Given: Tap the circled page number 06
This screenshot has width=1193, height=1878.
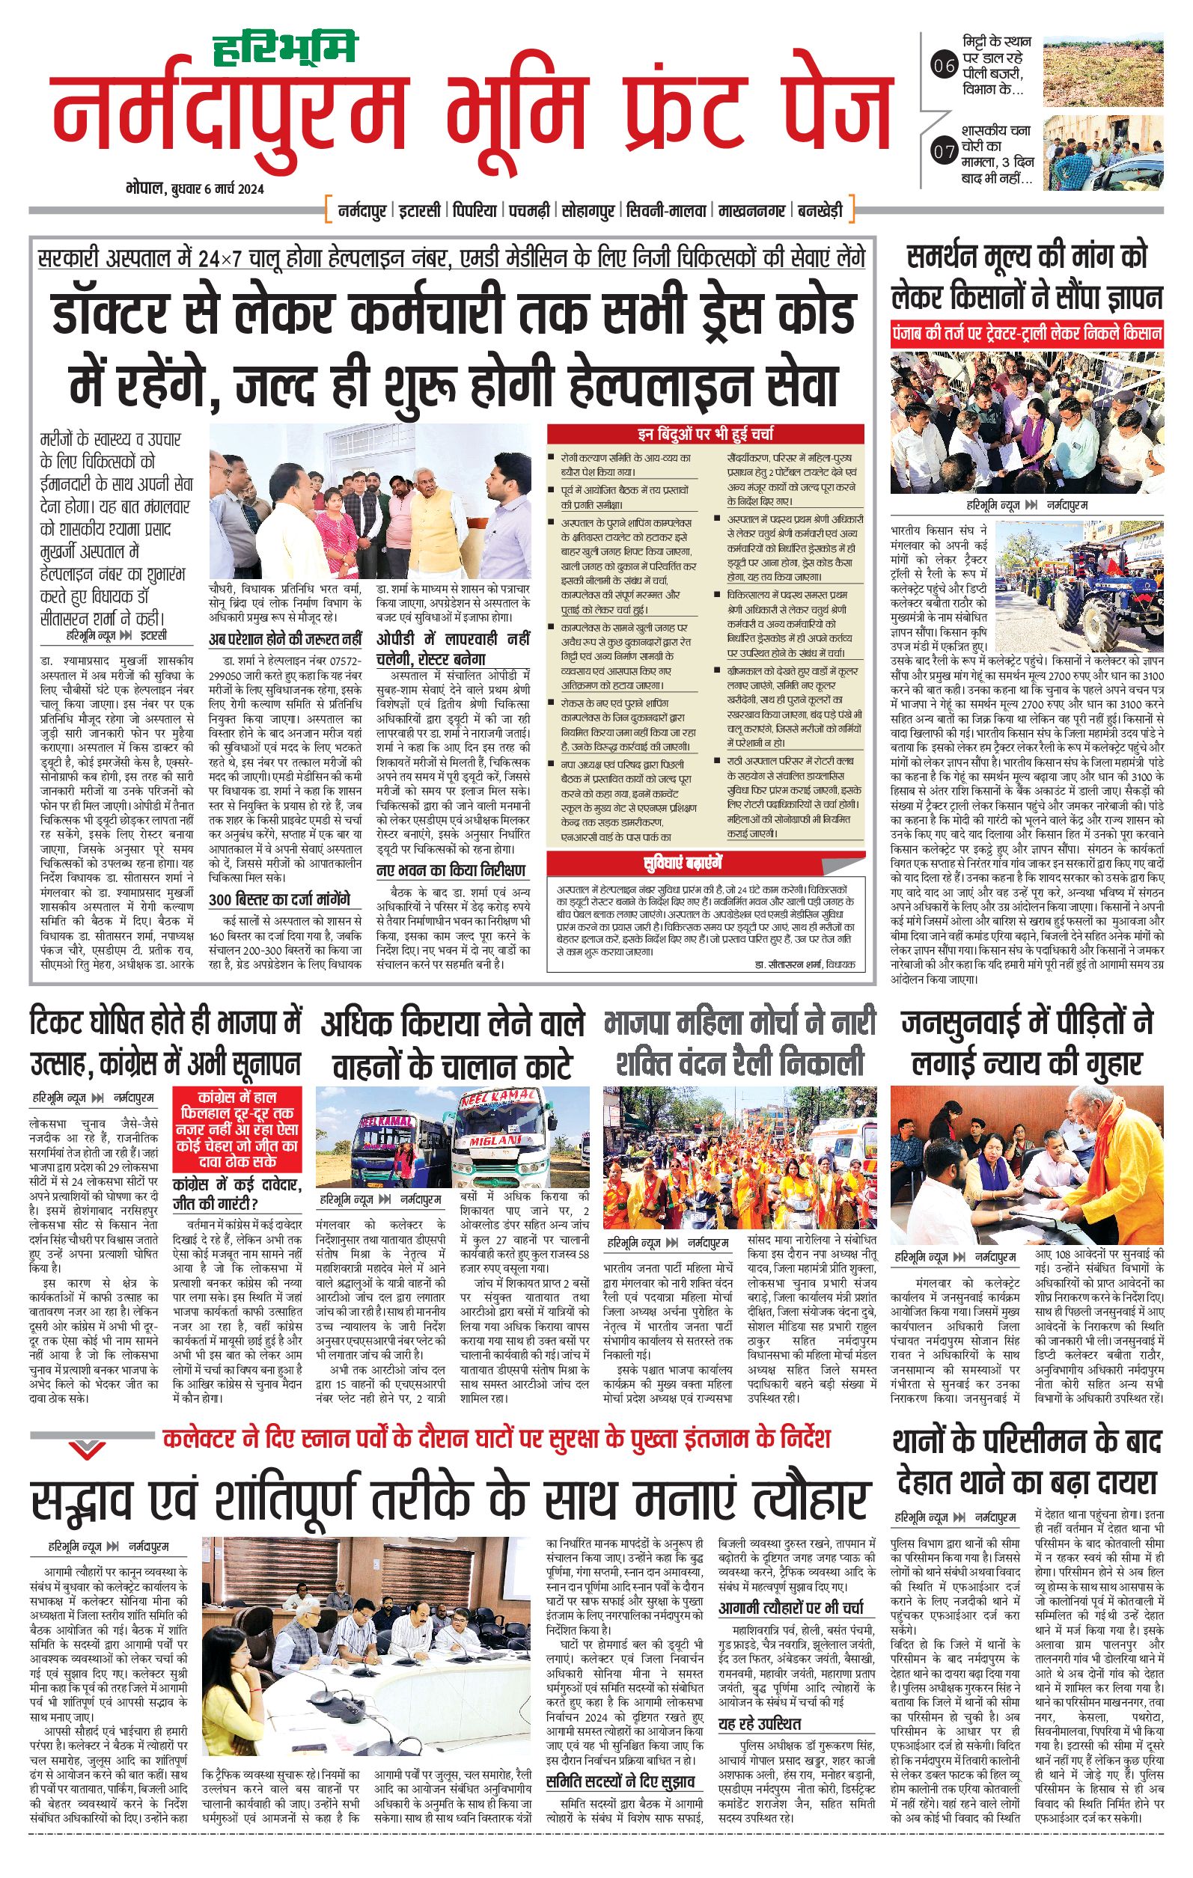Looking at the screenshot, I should [x=944, y=66].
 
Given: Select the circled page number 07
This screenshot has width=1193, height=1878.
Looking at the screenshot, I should [x=944, y=152].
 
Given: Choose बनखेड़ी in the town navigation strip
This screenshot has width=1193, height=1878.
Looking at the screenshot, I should [x=820, y=210].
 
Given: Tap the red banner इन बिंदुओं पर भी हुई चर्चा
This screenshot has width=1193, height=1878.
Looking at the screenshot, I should [x=705, y=434].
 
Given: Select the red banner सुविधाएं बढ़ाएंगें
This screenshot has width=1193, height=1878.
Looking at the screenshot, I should [x=683, y=863].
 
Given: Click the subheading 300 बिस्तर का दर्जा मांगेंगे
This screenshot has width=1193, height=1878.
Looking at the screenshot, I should [x=279, y=899].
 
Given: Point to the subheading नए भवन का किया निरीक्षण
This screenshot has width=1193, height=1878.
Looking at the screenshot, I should [x=451, y=870].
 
